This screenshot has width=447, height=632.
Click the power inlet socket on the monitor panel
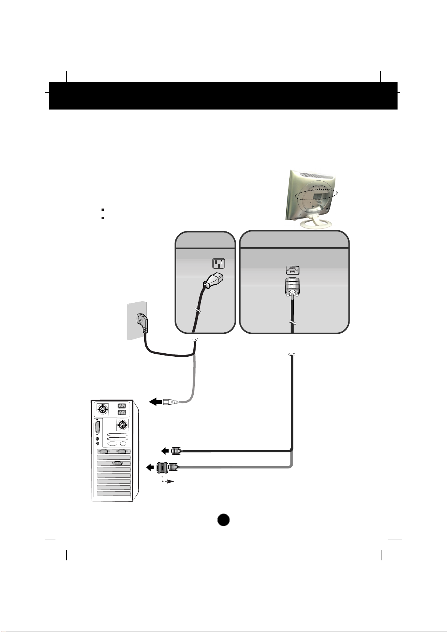(x=219, y=264)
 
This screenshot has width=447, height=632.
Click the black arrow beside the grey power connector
(x=155, y=402)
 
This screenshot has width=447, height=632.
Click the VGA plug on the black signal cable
(x=176, y=450)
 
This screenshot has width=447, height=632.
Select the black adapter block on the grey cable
(x=163, y=467)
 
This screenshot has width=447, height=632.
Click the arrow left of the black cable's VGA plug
(x=164, y=450)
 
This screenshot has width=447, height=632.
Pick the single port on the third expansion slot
(x=117, y=464)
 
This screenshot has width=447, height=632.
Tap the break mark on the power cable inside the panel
(x=197, y=311)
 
